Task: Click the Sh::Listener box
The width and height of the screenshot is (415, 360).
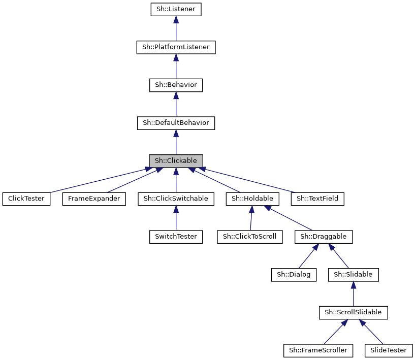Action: [176, 10]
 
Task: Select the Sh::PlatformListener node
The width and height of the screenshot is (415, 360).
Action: [176, 47]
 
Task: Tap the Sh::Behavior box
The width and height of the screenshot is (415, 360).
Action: [176, 85]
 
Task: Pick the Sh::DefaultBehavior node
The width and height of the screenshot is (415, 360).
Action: [176, 123]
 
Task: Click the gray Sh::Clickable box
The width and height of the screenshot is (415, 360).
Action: [176, 161]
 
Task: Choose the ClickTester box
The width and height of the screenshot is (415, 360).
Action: [26, 199]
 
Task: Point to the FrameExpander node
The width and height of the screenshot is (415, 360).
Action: [94, 199]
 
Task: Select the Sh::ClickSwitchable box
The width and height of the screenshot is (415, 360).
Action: [176, 199]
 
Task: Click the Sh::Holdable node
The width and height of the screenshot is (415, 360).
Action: [252, 199]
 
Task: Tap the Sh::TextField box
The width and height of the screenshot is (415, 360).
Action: [318, 199]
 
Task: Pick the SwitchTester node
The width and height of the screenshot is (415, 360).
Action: [176, 237]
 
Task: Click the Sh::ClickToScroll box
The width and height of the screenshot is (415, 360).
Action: [249, 237]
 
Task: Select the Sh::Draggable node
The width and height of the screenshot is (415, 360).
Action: [324, 237]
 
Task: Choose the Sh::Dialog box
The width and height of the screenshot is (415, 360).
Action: [294, 274]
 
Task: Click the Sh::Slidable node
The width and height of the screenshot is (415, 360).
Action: [353, 274]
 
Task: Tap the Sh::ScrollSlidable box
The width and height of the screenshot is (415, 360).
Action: [353, 312]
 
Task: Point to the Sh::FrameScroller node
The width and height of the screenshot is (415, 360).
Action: [318, 350]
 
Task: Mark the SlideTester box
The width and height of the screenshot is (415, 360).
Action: [389, 350]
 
